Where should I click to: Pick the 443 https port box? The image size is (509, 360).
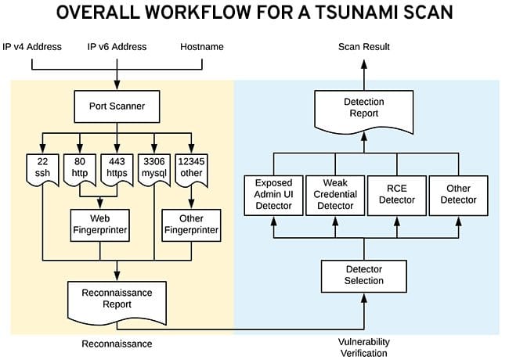[x=117, y=166]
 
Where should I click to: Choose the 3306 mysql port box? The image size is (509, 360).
[x=153, y=166]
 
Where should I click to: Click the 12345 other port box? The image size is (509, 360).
[x=191, y=166]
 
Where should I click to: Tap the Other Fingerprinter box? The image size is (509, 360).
[x=190, y=225]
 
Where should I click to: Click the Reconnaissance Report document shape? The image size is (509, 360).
[x=117, y=298]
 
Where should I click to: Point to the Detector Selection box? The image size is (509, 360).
[x=364, y=275]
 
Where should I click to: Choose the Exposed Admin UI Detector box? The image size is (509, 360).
[x=273, y=195]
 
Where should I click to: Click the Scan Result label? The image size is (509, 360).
[x=364, y=47]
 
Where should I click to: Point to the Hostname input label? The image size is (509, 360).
[x=201, y=47]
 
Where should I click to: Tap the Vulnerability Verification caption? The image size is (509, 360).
[x=364, y=347]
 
